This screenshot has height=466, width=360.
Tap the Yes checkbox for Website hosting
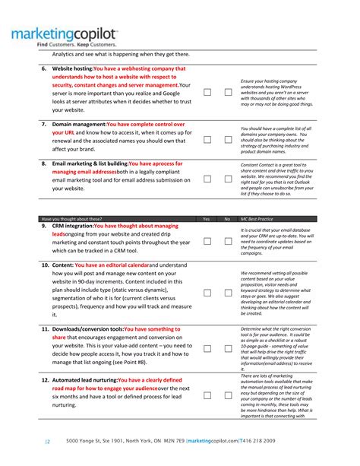pos(207,92)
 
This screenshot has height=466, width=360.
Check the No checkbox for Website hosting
pos(228,92)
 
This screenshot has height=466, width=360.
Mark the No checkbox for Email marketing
pos(228,179)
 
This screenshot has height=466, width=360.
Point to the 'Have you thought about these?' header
pos(72,219)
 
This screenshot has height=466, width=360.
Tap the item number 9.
pos(44,226)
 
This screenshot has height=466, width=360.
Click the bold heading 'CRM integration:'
pos(73,226)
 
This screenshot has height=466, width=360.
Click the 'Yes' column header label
pos(206,219)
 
